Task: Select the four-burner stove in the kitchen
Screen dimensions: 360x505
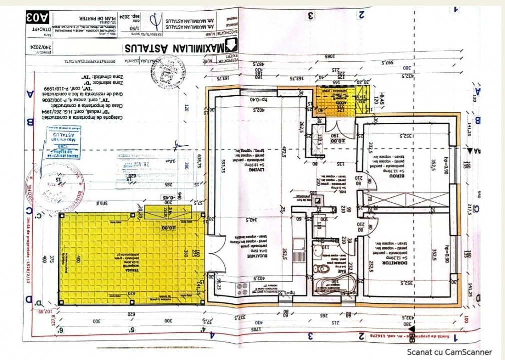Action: click(241, 288)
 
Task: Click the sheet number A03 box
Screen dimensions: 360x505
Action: click(38, 18)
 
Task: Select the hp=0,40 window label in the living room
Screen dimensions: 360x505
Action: click(259, 99)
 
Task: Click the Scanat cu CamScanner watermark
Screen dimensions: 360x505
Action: click(449, 352)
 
